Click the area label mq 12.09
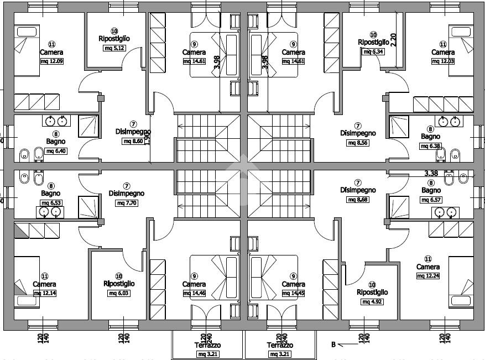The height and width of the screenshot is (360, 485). click(x=52, y=61)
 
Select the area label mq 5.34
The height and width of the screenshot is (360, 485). click(x=373, y=51)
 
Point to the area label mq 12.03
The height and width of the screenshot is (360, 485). click(x=442, y=61)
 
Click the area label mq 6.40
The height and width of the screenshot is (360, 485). click(x=56, y=151)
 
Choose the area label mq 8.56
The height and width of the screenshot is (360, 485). click(x=357, y=143)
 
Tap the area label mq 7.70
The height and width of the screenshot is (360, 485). click(x=126, y=203)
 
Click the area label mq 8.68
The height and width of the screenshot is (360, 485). click(x=357, y=200)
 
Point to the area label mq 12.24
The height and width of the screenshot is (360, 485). click(x=427, y=276)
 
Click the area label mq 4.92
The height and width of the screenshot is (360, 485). click(x=372, y=302)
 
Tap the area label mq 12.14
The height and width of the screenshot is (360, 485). click(x=45, y=294)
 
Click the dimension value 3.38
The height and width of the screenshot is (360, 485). click(x=431, y=173)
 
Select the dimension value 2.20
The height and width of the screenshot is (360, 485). click(x=394, y=40)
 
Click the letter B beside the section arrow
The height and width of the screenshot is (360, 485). click(x=333, y=345)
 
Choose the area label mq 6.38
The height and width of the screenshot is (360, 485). click(x=430, y=146)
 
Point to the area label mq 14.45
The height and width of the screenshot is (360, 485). click(x=293, y=294)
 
